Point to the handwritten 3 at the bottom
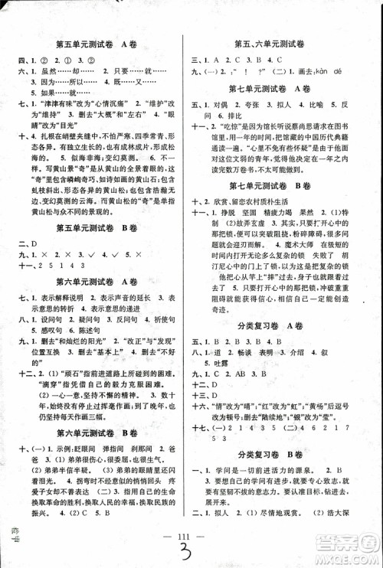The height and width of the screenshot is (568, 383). click(x=191, y=553)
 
